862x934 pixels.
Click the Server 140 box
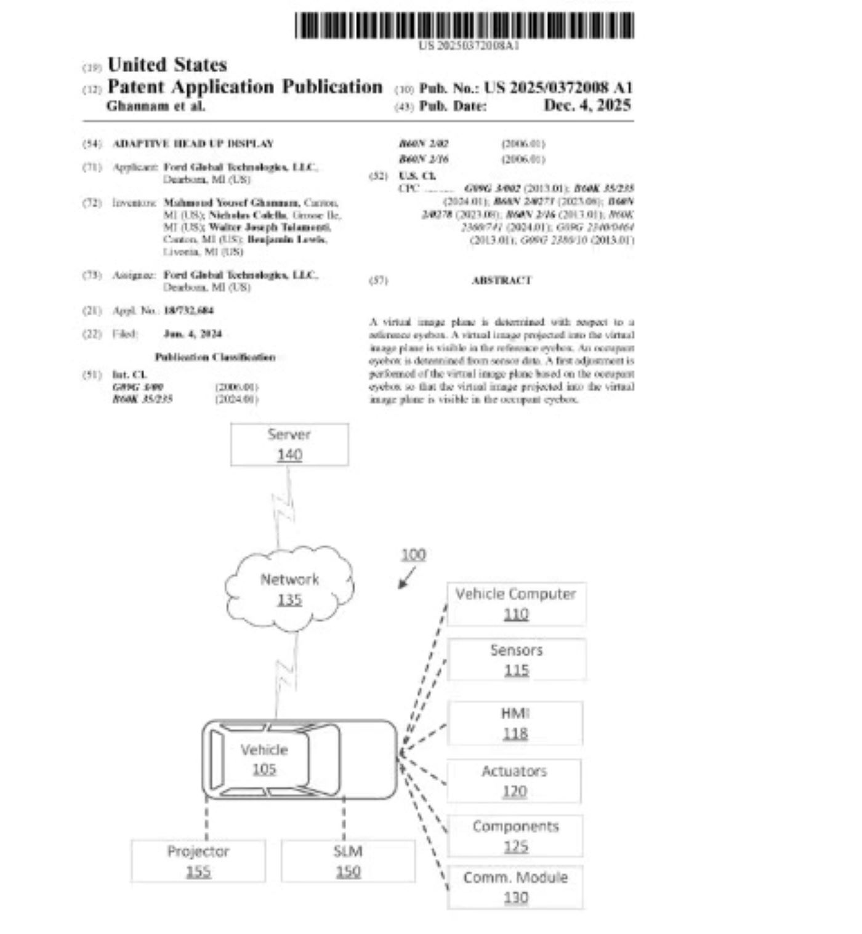pos(289,444)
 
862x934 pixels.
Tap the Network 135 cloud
pos(289,589)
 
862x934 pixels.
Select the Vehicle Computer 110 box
pos(516,604)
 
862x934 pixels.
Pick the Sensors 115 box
pos(517,659)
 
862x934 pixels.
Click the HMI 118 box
pos(515,723)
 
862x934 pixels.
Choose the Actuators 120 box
pos(514,781)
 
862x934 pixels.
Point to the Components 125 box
pos(515,836)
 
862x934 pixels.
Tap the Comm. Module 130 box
pos(515,887)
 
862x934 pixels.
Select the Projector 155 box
pos(198,861)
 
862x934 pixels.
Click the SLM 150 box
pos(348,861)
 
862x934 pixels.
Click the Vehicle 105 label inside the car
pos(264,759)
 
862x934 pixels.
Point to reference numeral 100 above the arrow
pos(413,555)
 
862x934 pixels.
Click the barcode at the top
pos(464,26)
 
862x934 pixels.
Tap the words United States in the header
pos(167,65)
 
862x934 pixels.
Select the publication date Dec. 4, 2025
pos(587,105)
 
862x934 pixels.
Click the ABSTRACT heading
pos(501,280)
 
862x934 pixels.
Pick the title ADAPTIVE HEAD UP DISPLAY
pos(193,143)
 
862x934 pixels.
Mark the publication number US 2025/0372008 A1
pos(558,88)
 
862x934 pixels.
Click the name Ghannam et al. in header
pos(156,106)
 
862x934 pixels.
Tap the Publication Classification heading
pos(215,357)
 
